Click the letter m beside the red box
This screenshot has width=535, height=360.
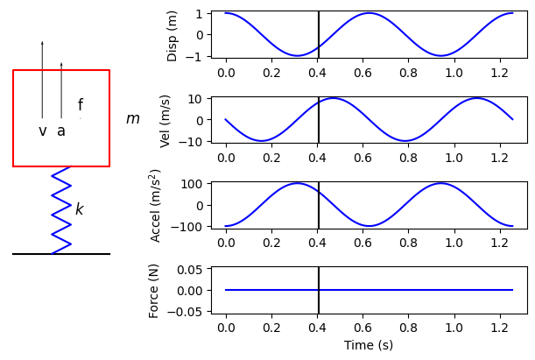point(132,119)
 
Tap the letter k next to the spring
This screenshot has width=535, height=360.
point(79,209)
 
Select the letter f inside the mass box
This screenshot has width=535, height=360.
point(81,105)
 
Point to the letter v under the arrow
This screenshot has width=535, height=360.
point(42,131)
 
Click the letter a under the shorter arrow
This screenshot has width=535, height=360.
point(61,131)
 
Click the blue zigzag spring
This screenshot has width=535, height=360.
point(61,209)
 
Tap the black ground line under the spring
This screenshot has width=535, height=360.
point(61,254)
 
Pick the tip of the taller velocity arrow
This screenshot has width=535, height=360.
point(42,42)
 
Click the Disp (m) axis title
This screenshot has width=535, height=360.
point(172,36)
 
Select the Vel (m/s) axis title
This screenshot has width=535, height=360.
point(166,120)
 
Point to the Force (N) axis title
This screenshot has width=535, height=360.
point(154,290)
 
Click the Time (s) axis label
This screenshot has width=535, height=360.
point(368,346)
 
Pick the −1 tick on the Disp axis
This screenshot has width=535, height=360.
point(197,56)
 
